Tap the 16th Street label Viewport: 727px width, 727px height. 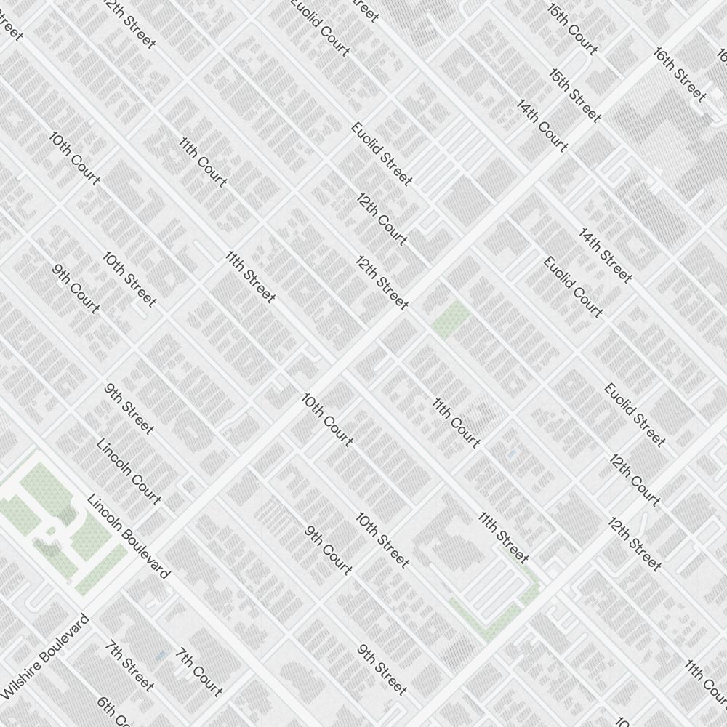(x=679, y=74)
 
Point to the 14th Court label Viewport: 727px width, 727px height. (x=542, y=125)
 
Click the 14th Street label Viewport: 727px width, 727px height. (x=605, y=255)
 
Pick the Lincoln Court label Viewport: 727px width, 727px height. (x=129, y=472)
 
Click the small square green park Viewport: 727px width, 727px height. (x=451, y=318)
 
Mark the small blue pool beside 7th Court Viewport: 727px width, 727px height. (x=161, y=656)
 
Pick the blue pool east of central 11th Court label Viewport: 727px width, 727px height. (x=511, y=454)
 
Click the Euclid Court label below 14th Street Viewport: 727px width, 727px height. (x=573, y=287)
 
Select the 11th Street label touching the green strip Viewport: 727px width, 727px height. (x=503, y=537)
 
